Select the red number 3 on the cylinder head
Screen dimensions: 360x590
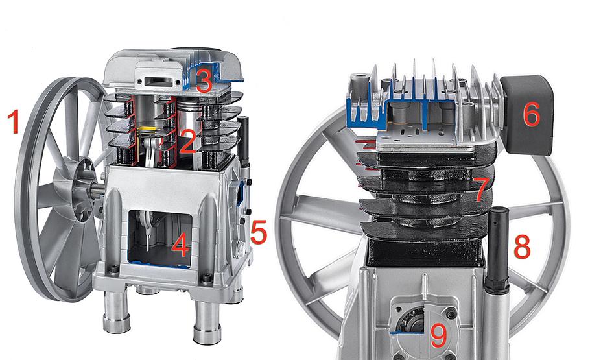point(204,82)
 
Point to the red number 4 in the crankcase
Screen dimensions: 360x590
point(180,246)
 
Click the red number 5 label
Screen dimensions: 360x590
point(259,233)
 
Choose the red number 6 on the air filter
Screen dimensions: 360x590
point(531,114)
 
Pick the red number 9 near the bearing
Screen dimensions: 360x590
point(438,335)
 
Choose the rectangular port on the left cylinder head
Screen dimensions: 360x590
point(157,80)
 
